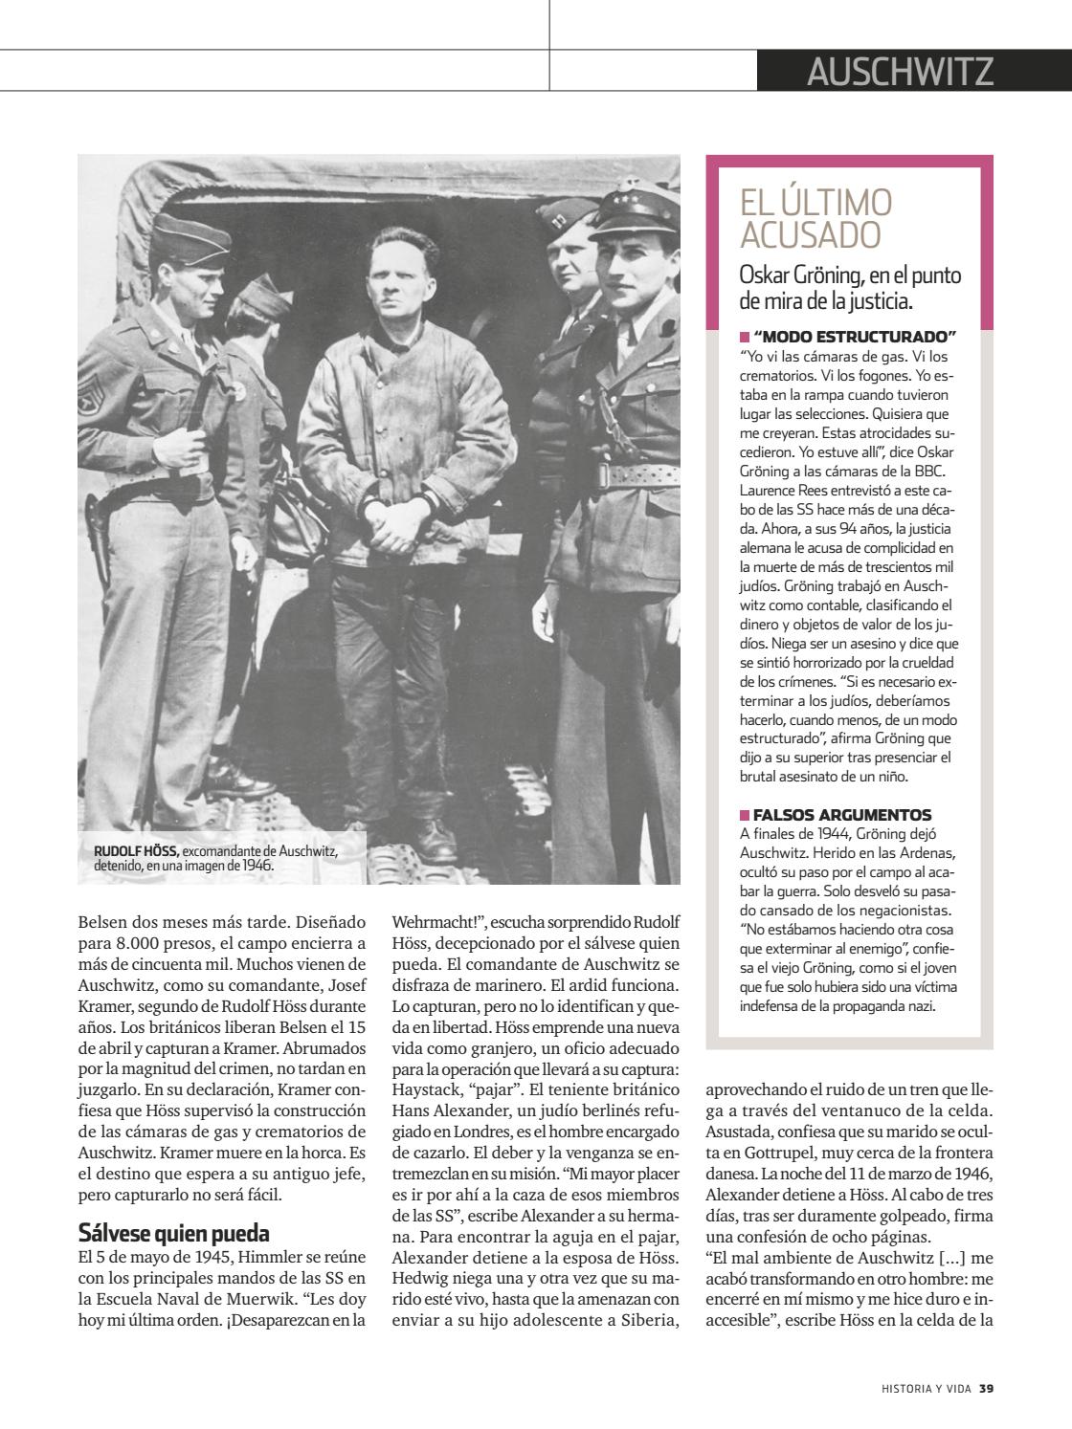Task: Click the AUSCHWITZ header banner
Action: (x=900, y=71)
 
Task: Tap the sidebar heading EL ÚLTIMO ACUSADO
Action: (x=815, y=218)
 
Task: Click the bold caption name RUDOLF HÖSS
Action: (x=136, y=850)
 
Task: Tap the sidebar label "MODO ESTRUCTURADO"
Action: (x=855, y=337)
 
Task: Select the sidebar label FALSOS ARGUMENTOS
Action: (x=842, y=815)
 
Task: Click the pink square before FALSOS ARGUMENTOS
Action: (x=745, y=815)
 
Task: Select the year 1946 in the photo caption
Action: (x=256, y=864)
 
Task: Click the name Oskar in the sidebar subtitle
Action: (x=763, y=275)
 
